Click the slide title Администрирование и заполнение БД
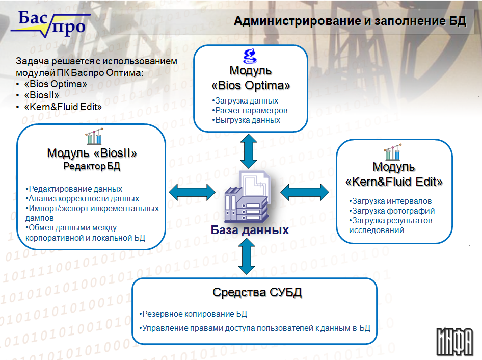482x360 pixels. coord(350,21)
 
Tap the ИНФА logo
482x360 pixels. coord(454,342)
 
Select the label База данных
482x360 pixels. coord(250,230)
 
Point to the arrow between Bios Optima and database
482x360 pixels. coord(249,151)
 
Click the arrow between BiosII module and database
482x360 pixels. coord(192,192)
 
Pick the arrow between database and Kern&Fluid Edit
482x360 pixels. coord(305,192)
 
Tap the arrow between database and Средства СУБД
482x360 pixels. coord(247,256)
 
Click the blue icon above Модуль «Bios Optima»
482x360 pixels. coord(250,56)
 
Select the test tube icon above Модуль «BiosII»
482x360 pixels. coord(94,137)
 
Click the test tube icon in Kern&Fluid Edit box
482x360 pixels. coord(393,152)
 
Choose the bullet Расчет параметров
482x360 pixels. coord(250,110)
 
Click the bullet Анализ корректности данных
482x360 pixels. coord(82,198)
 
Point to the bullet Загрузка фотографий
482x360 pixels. coord(392,211)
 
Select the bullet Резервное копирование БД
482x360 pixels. coord(193,314)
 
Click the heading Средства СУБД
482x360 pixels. coord(257,292)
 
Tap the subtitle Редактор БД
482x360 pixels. coord(92,166)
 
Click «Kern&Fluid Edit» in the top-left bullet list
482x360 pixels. coord(63,107)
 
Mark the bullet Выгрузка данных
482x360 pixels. coord(246,120)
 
